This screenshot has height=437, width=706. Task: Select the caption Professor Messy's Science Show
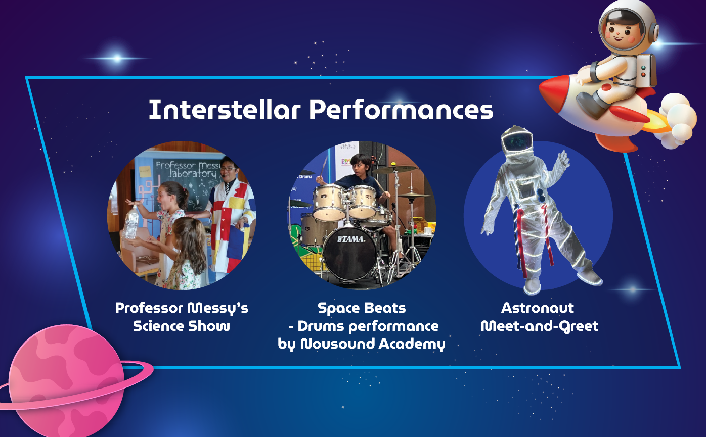[x=182, y=317]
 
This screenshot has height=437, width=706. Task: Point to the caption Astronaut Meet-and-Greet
[x=539, y=317]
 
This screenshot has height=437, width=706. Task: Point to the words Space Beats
[x=362, y=308]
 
